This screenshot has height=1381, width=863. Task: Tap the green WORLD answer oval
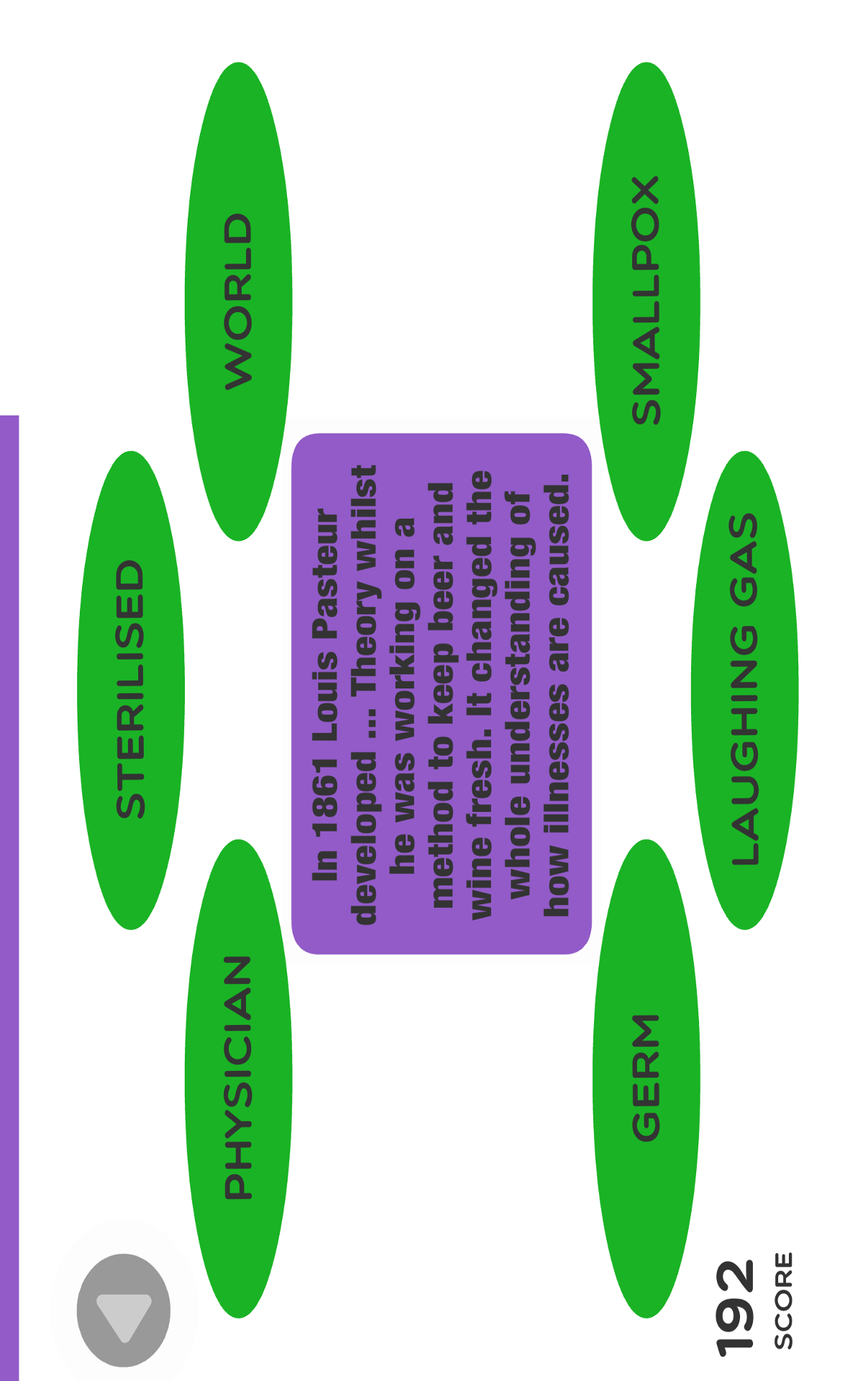239,301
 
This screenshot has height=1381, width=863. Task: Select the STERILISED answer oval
131,690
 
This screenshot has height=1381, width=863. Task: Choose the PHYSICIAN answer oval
239,1078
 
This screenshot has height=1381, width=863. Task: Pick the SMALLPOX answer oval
646,301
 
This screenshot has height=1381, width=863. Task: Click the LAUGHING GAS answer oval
744,690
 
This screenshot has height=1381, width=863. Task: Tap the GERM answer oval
646,1078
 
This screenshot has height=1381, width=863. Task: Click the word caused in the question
558,539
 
